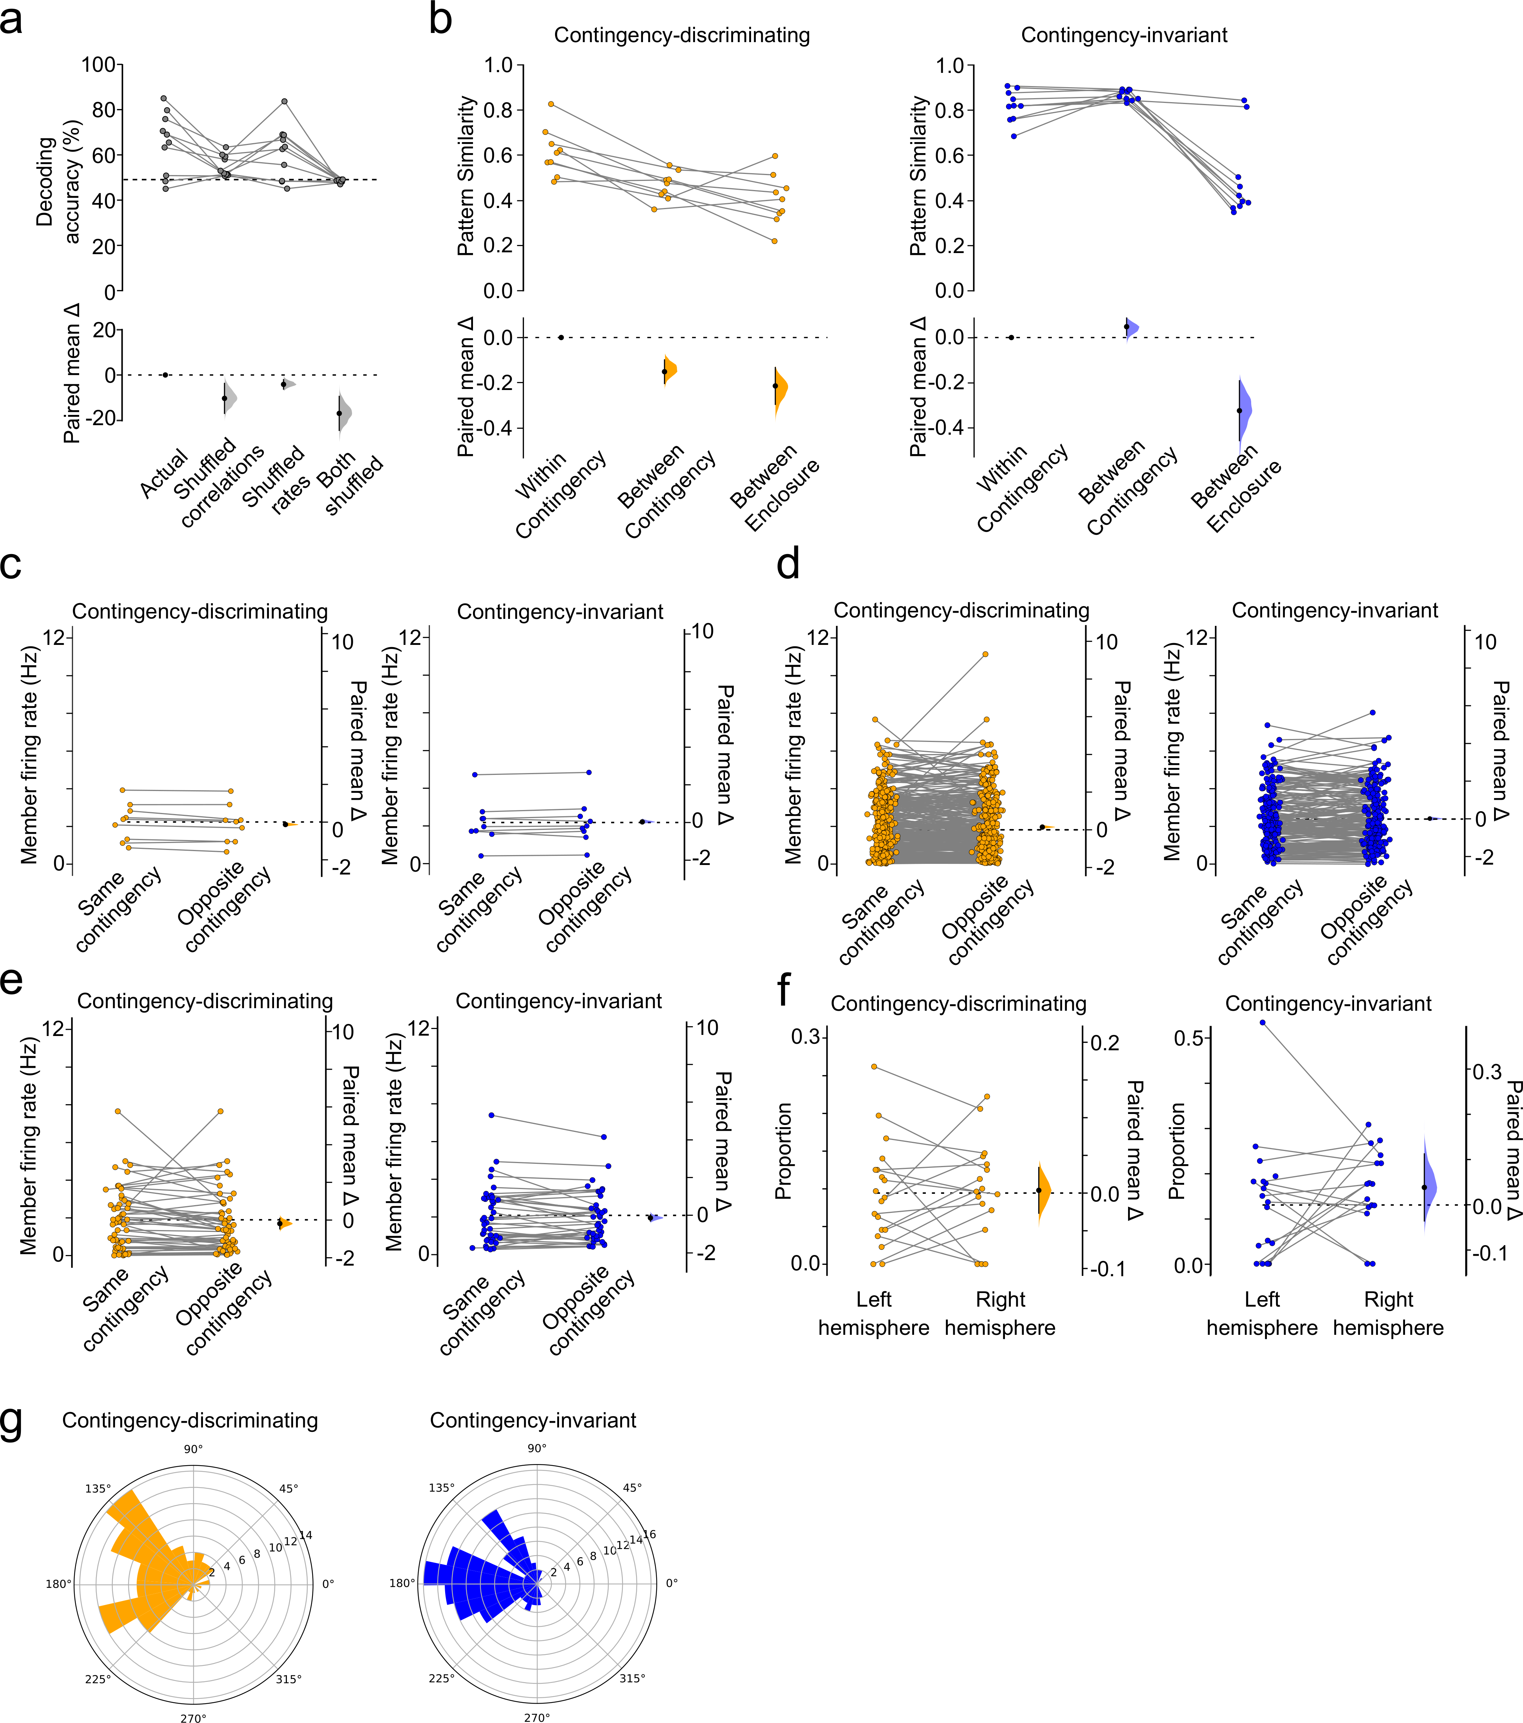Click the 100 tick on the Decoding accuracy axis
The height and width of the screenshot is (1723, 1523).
click(98, 65)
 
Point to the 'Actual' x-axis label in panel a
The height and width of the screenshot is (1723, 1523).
click(164, 474)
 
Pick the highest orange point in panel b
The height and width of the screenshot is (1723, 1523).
click(551, 104)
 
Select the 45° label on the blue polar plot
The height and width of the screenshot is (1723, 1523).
click(632, 1488)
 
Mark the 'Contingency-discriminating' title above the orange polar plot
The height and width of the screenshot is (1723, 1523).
click(190, 1421)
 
